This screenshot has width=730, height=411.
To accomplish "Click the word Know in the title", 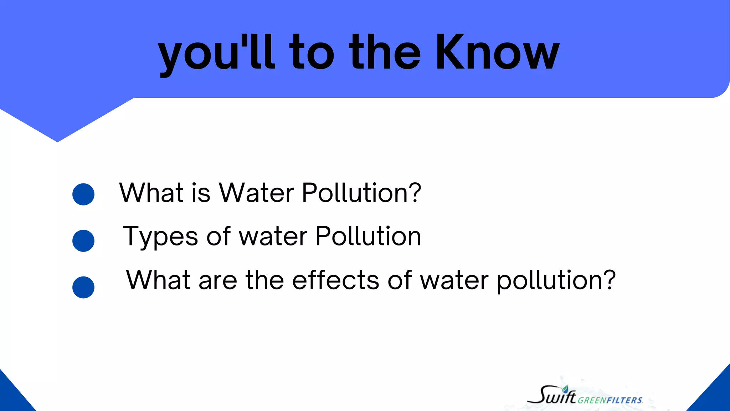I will point(497,52).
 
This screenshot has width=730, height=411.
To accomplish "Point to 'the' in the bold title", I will point(385,52).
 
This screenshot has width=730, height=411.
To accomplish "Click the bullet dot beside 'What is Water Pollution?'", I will point(83,194).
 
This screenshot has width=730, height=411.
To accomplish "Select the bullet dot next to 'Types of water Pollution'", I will point(83,241).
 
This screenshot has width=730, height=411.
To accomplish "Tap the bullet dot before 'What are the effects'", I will point(83,287).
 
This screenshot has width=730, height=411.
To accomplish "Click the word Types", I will point(160,237).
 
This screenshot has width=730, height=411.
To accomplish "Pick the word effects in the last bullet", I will point(336,280).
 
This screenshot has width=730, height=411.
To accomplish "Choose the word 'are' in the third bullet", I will point(218,280).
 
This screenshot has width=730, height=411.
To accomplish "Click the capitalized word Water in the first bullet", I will point(256,193).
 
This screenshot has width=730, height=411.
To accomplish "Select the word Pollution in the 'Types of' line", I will point(368,236).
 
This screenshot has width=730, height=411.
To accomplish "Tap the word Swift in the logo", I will point(552,395).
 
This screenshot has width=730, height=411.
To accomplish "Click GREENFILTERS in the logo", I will point(610,400).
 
